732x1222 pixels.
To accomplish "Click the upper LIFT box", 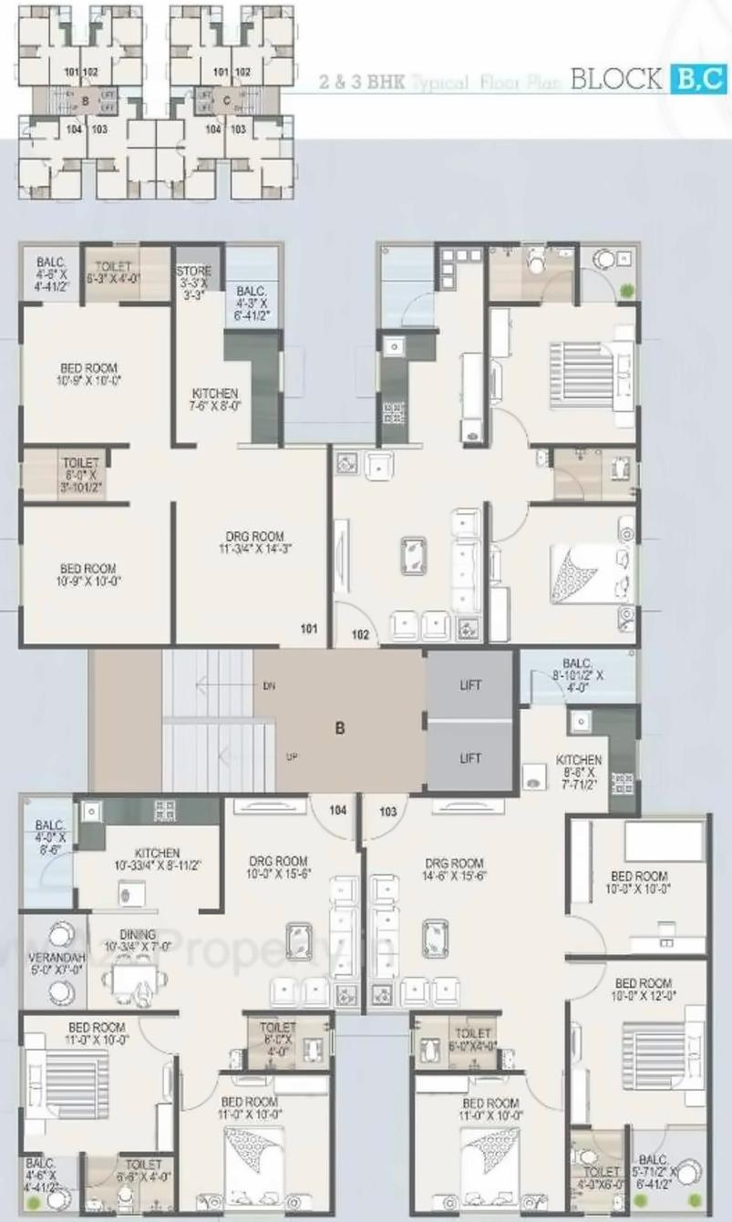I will click(469, 684).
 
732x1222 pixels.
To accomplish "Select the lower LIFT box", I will click(469, 757).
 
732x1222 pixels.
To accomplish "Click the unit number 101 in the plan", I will click(309, 628).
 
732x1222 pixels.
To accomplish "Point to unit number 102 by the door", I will click(359, 635).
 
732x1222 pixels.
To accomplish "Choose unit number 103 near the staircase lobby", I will click(388, 810).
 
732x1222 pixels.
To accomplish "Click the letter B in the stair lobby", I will click(339, 728).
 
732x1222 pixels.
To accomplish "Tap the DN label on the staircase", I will click(268, 685).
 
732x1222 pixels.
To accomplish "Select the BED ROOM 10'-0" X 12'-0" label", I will click(644, 990).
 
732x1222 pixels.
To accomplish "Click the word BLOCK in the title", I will click(615, 78).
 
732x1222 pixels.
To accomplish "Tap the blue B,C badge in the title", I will click(699, 79).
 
